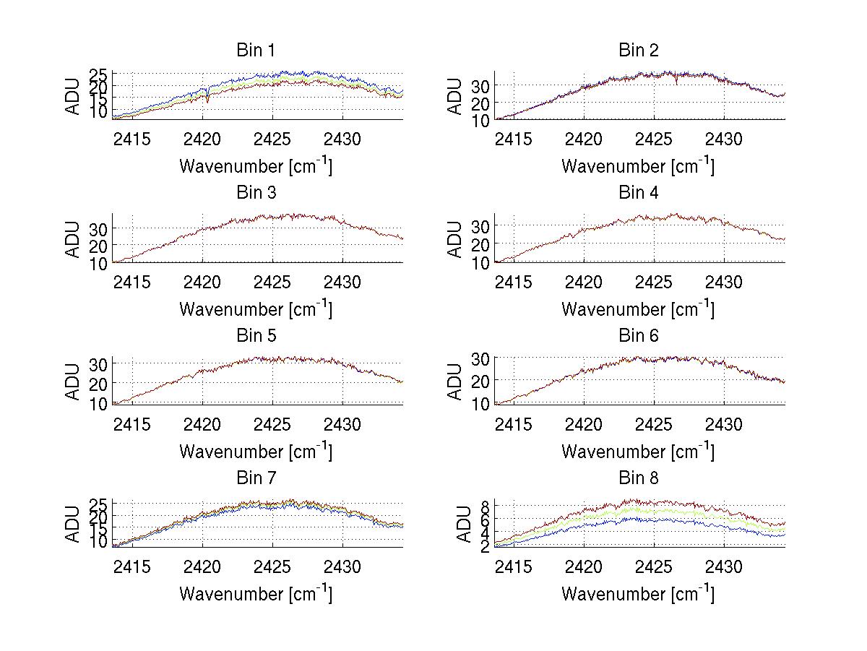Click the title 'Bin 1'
256,51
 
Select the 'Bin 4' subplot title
639,193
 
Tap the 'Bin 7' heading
256,478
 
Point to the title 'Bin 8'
639,478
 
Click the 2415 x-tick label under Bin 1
132,139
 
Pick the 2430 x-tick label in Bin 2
725,139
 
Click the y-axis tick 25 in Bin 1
99,74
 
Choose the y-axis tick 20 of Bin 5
99,383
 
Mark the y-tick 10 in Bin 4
481,263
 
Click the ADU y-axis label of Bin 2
455,96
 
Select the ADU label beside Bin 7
73,525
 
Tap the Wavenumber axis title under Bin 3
256,309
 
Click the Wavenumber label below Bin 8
639,594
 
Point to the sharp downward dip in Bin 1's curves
207,100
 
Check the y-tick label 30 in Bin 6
481,358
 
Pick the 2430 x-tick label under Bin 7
342,566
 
